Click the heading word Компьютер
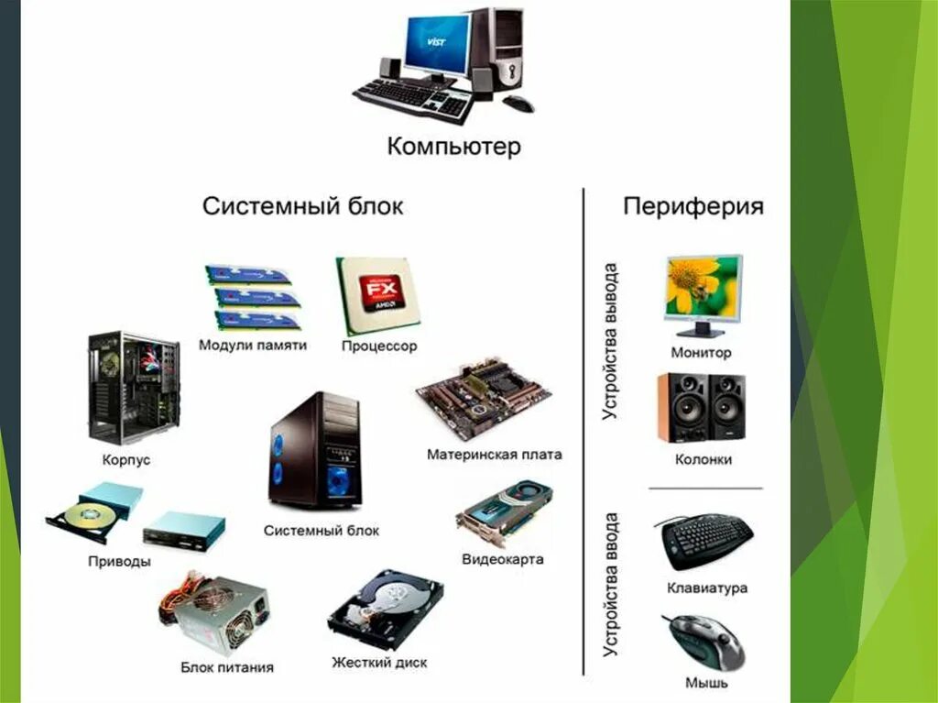(x=453, y=147)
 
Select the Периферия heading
(x=693, y=206)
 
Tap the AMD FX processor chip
(x=379, y=295)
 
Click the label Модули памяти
(x=253, y=346)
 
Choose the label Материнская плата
(x=495, y=455)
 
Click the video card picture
(x=504, y=514)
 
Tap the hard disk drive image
(x=386, y=609)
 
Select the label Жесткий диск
(x=379, y=662)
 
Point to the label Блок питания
(x=227, y=667)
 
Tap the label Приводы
(x=120, y=561)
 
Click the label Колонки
(x=703, y=459)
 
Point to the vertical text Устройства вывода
(x=610, y=341)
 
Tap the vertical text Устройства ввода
(x=611, y=585)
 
